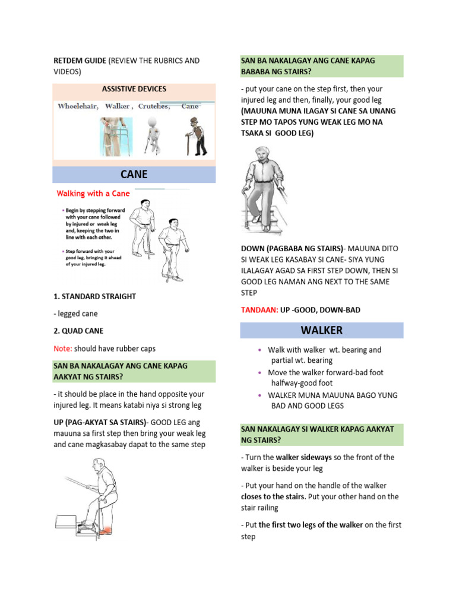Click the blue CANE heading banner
pos(134,175)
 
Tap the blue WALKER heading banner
pos(322,330)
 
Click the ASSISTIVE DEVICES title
pos(134,89)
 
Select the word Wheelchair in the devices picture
pos(78,106)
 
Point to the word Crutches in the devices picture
pos(154,106)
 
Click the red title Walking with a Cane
pos(93,194)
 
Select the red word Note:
pos(64,349)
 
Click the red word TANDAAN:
pos(259,310)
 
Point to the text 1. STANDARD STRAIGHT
pos(94,296)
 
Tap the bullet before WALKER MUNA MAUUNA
pos(259,395)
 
